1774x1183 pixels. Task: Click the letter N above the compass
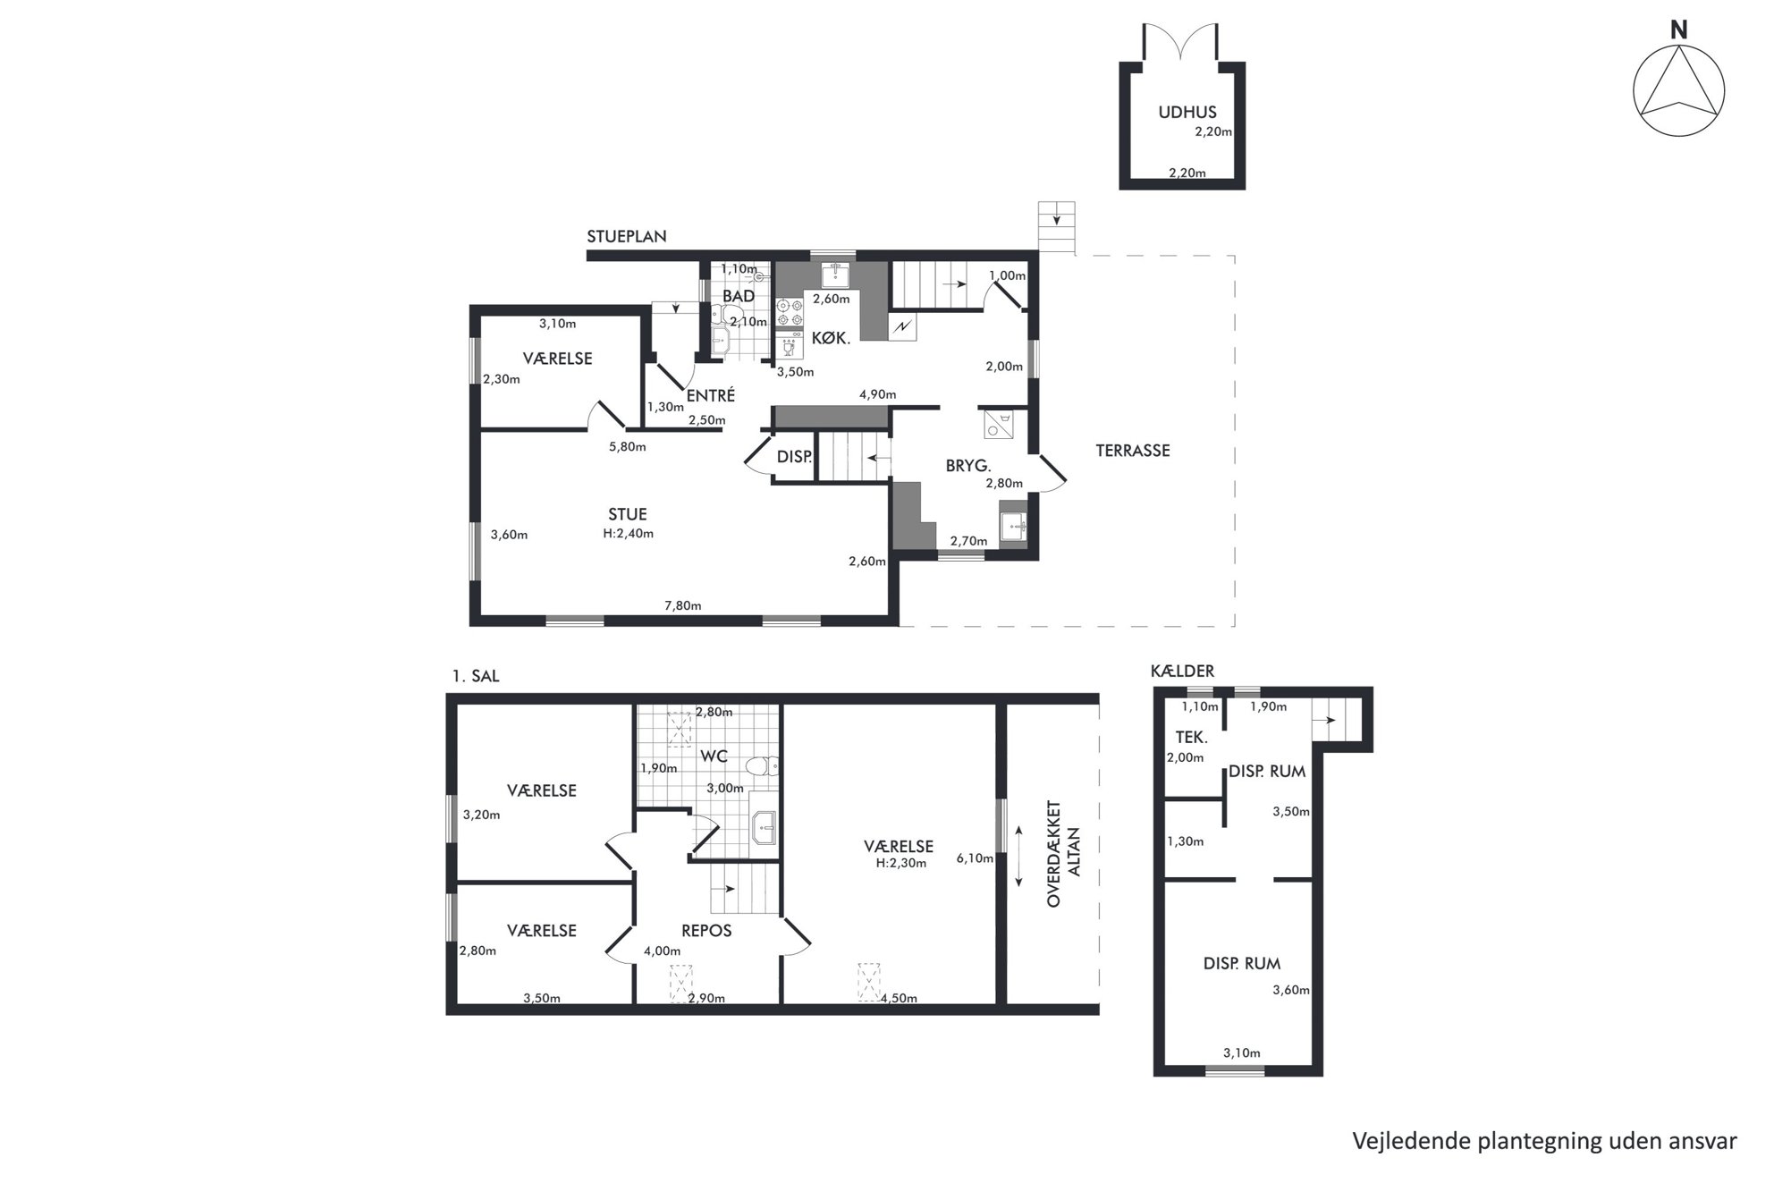[1679, 30]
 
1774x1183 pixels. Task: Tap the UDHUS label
[1187, 113]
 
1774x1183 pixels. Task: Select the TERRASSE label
[1133, 451]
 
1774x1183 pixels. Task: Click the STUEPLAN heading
[627, 237]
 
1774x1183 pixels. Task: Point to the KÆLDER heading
[1183, 672]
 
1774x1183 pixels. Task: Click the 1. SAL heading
[476, 677]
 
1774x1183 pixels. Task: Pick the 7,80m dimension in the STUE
[683, 606]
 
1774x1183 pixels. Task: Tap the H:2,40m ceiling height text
[629, 534]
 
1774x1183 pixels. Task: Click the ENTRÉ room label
[711, 395]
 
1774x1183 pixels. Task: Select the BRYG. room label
[968, 466]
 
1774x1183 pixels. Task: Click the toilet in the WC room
[763, 765]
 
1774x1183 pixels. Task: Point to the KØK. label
[831, 339]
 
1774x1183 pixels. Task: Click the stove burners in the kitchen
[790, 313]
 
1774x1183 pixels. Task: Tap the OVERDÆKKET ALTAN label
[1064, 854]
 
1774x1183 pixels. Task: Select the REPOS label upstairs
[706, 931]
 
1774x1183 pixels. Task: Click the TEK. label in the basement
[1192, 738]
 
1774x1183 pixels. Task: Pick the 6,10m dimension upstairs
[975, 858]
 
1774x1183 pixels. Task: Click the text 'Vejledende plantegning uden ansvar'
[1544, 1141]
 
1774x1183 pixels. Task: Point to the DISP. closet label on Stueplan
[794, 457]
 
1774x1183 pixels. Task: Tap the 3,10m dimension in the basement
[1242, 1053]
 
